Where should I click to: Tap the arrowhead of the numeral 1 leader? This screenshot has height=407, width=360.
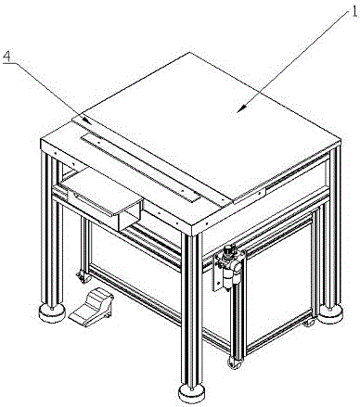pos(240,108)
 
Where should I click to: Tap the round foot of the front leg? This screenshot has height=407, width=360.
pos(192,393)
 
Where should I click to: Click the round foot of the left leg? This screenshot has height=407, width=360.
pos(52,312)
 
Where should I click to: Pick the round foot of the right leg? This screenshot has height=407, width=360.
pos(330,313)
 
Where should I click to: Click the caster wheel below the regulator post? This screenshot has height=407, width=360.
pos(234,362)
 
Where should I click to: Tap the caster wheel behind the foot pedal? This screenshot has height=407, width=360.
pos(84,276)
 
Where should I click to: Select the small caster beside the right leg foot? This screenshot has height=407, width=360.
pos(309,322)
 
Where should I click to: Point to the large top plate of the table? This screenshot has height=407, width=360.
pos(206,122)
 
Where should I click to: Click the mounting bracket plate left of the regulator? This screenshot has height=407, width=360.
pos(215,273)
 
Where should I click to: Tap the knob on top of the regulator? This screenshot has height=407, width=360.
pos(228,249)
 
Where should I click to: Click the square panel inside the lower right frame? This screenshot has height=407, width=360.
pos(278,286)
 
